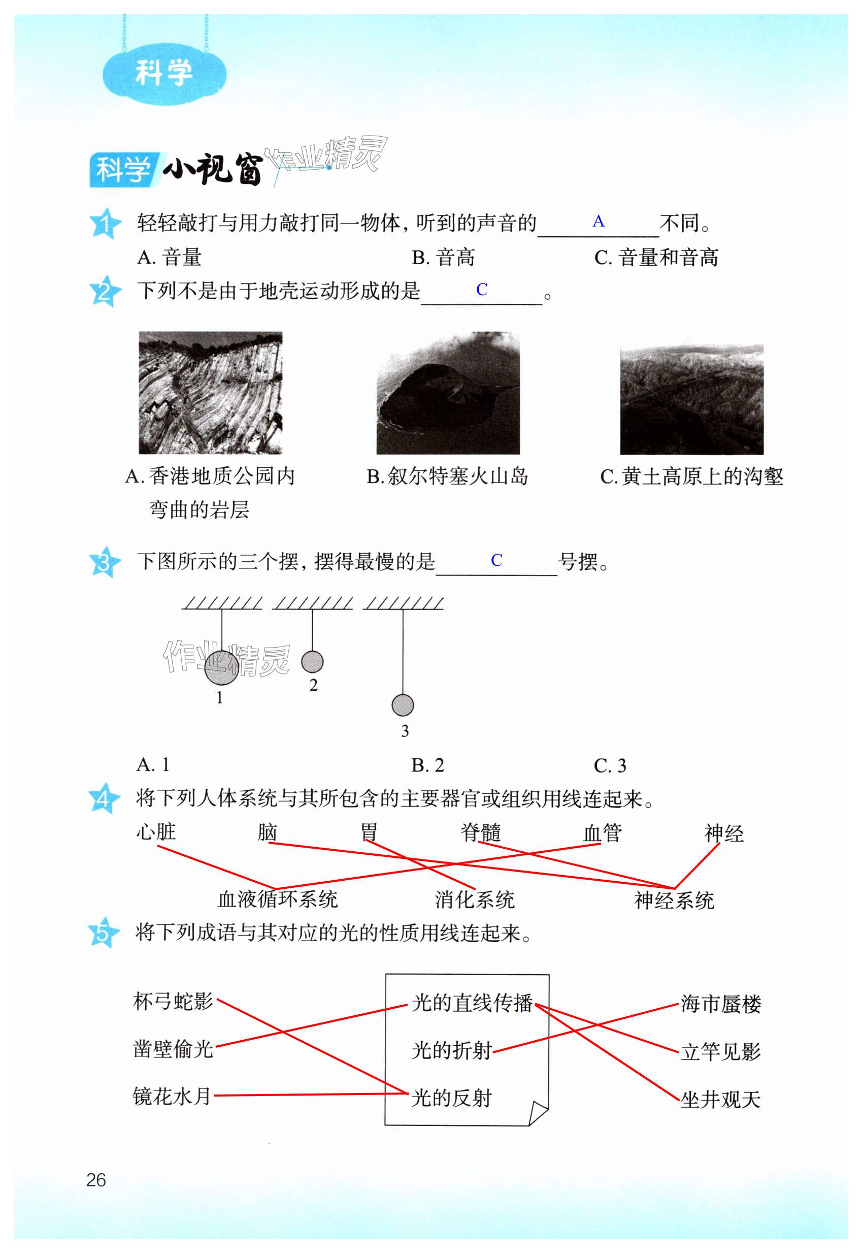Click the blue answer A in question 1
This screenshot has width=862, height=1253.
[x=598, y=221]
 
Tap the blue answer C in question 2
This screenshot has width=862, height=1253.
[x=482, y=290]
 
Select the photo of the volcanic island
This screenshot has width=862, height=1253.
[x=448, y=393]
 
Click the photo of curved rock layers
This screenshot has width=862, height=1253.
[x=211, y=393]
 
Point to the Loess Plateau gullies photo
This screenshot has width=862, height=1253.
[x=691, y=400]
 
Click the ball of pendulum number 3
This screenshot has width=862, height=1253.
[x=403, y=705]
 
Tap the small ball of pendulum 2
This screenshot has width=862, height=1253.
[x=312, y=661]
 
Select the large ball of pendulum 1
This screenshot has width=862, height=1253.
[x=221, y=667]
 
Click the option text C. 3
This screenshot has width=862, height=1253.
[x=610, y=765]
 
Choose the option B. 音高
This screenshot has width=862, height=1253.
[x=443, y=258]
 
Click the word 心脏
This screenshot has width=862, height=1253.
[x=156, y=832]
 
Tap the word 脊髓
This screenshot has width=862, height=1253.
[x=481, y=832]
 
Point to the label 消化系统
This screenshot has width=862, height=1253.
[x=475, y=900]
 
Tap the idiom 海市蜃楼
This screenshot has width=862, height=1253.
[x=720, y=1004]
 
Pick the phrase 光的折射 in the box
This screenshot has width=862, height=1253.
[x=451, y=1050]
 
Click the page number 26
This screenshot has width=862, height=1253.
[x=96, y=1180]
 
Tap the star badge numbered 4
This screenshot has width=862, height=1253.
[x=103, y=798]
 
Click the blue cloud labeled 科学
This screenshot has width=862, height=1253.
[x=163, y=73]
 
